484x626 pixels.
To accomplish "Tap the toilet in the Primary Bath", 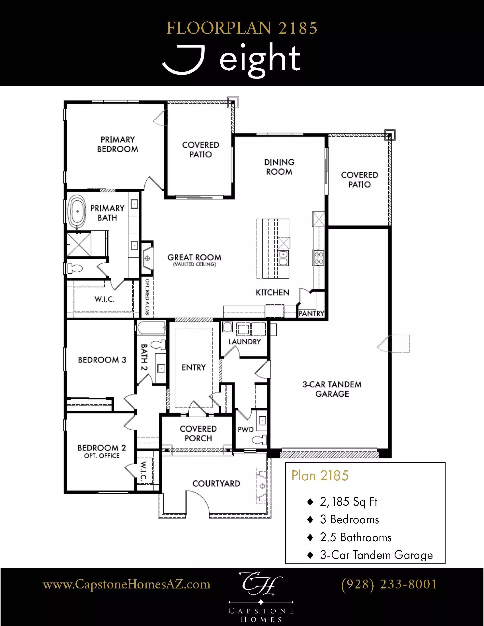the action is pyautogui.click(x=75, y=269).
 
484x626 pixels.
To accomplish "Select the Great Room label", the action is pyautogui.click(x=194, y=258).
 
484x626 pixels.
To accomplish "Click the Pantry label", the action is pyautogui.click(x=311, y=313).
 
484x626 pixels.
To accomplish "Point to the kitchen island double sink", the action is pyautogui.click(x=283, y=258).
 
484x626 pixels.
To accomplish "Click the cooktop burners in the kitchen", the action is pyautogui.click(x=319, y=258).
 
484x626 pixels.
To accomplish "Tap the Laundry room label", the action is pyautogui.click(x=245, y=341).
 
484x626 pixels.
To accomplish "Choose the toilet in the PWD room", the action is pyautogui.click(x=259, y=440).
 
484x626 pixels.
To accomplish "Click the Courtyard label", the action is pyautogui.click(x=216, y=483).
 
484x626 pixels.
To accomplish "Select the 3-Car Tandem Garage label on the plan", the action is pyautogui.click(x=332, y=389).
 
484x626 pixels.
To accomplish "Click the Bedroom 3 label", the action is pyautogui.click(x=102, y=360).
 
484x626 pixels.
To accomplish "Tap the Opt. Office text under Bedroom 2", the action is pyautogui.click(x=102, y=456).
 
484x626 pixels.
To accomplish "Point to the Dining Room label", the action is pyautogui.click(x=279, y=167).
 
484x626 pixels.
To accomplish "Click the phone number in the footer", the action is pyautogui.click(x=389, y=584).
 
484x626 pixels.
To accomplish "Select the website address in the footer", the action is pyautogui.click(x=126, y=584).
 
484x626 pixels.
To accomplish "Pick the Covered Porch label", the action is pyautogui.click(x=198, y=433).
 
